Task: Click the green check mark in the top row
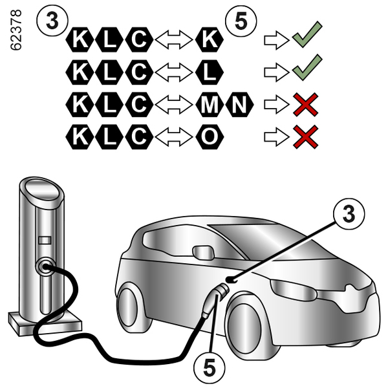click(x=307, y=37)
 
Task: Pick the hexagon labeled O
click(x=208, y=136)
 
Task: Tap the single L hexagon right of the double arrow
click(x=208, y=72)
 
